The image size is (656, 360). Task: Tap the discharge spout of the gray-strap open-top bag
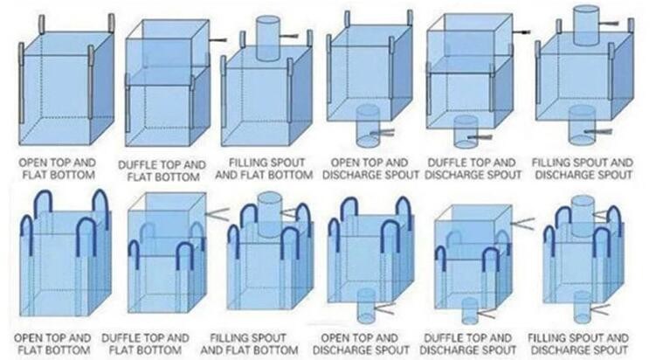point(368,126)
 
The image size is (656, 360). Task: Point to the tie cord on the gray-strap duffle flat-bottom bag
point(218,40)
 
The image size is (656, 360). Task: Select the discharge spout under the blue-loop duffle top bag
point(470,310)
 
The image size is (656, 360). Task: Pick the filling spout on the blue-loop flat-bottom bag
point(270,212)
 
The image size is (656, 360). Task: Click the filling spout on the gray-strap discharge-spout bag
point(586,25)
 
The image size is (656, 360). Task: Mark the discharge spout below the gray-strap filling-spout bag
point(582,125)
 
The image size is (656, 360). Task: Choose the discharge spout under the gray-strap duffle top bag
point(466,131)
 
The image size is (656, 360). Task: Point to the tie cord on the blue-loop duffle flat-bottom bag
point(218,214)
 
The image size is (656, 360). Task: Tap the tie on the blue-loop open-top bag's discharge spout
point(385,309)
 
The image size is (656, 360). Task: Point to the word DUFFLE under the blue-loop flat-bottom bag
point(120,338)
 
